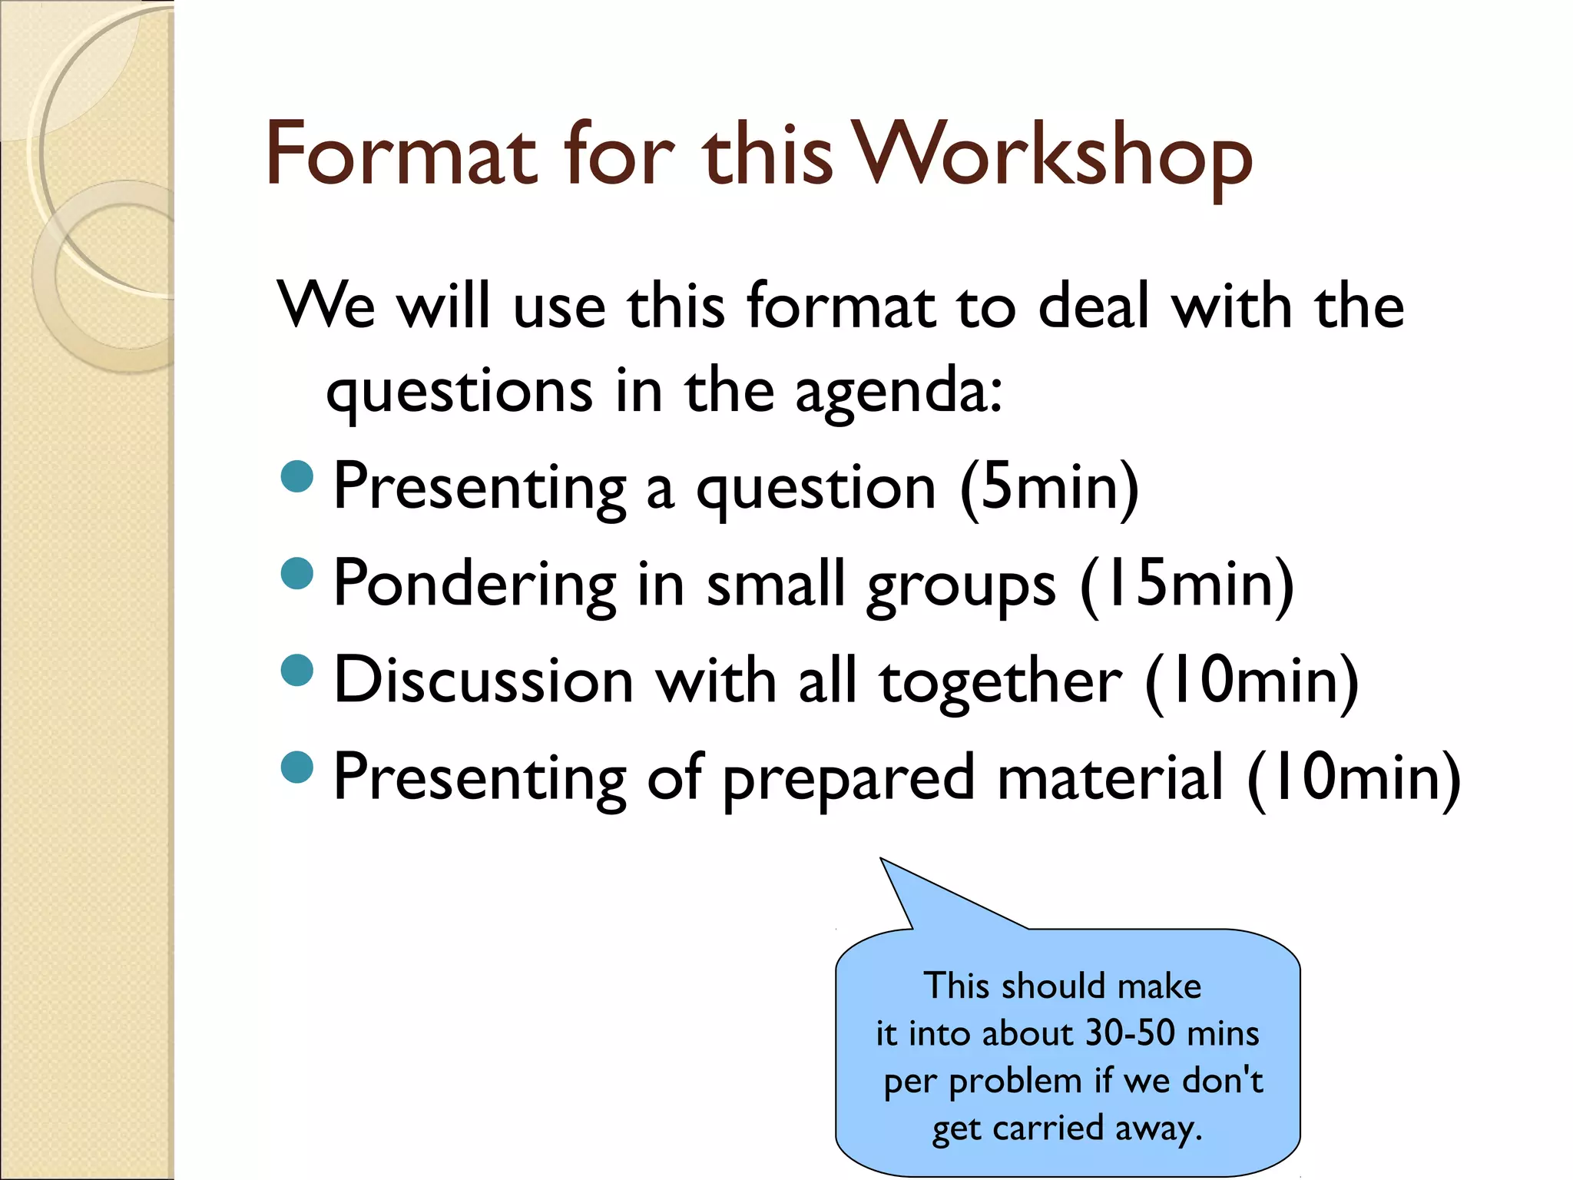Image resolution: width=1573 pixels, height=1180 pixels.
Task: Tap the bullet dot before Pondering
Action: [x=297, y=572]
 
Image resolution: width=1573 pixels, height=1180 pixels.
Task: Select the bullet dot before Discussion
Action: [x=297, y=669]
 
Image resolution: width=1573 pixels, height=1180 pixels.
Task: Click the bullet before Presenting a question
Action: [x=297, y=476]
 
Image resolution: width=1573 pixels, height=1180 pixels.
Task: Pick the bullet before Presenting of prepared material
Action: [x=297, y=766]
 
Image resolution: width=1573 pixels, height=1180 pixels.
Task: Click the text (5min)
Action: [x=1049, y=487]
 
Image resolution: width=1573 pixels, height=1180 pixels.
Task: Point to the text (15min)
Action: [x=1187, y=584]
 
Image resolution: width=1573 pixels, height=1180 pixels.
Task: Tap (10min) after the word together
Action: [x=1251, y=681]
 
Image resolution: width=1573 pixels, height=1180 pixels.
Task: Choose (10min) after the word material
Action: [x=1353, y=777]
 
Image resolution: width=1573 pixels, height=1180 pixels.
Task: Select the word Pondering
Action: [x=475, y=584]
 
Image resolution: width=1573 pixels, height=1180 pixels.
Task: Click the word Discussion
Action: [x=484, y=681]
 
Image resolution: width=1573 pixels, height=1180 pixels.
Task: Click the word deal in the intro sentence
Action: [x=1093, y=306]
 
